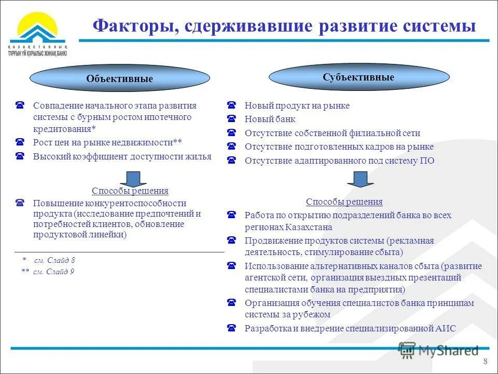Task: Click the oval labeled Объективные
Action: pos(119,79)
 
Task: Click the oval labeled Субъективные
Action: pos(358,77)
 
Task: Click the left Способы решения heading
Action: pos(130,191)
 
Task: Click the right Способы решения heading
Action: pos(344,202)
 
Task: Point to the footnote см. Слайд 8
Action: pos(54,260)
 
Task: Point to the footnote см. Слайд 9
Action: pos(54,271)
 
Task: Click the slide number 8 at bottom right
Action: pos(485,362)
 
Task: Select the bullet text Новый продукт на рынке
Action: pos(297,106)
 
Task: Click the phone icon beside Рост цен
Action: pos(20,142)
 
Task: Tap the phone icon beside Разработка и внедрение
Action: pos(232,328)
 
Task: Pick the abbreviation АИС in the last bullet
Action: pos(446,328)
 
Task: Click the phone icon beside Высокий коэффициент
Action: pos(20,156)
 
